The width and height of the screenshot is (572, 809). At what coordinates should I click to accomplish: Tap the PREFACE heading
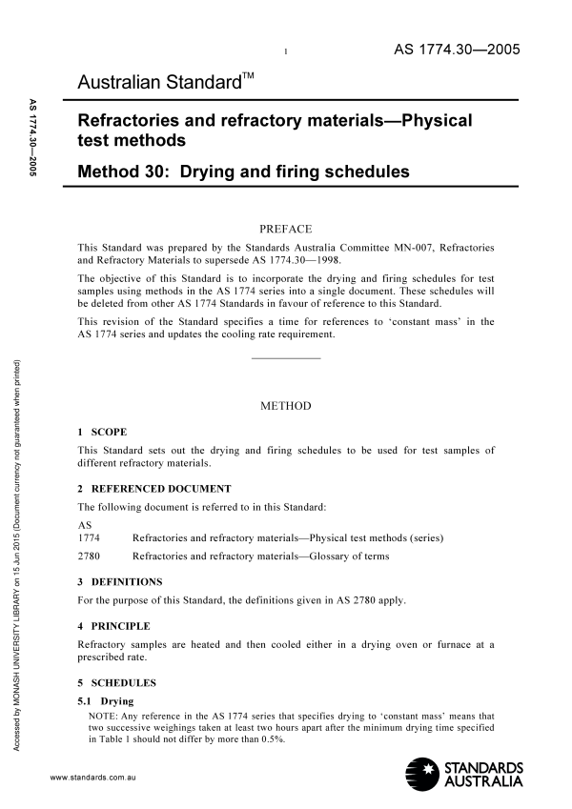click(x=286, y=229)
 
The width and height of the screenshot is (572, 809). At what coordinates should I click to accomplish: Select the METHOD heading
click(x=286, y=406)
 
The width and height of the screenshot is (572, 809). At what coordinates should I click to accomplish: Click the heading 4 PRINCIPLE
click(x=113, y=626)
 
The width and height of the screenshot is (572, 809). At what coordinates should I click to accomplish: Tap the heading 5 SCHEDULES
click(x=117, y=682)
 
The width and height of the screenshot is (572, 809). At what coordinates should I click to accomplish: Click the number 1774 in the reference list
click(x=88, y=537)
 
